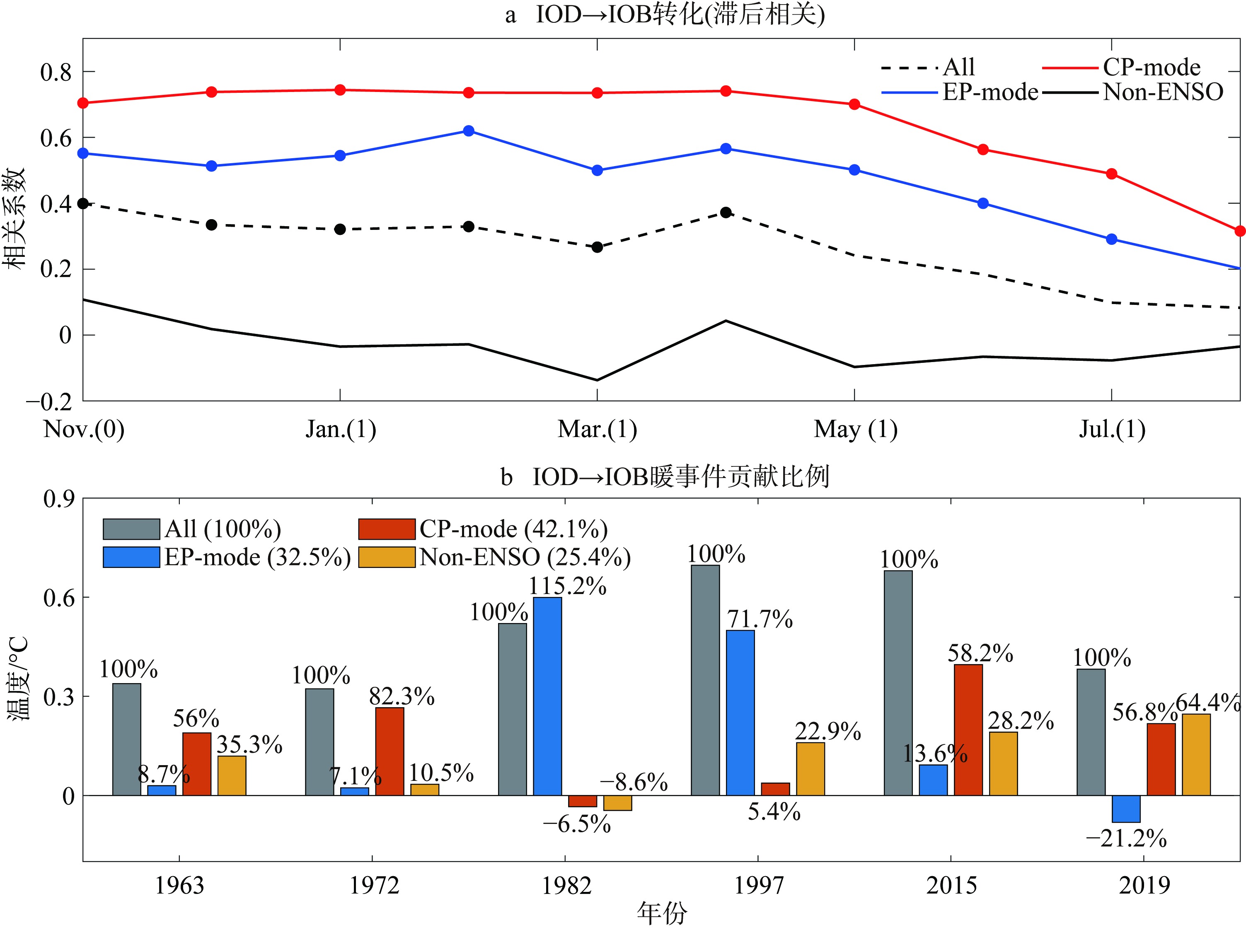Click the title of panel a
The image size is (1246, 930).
tap(664, 14)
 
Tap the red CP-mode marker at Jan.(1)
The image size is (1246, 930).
tap(340, 90)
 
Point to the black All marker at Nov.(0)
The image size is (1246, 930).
tap(83, 203)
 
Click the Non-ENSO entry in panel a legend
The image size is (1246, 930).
tap(1162, 92)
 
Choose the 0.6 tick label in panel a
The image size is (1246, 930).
tap(56, 138)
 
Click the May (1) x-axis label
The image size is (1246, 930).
tap(855, 429)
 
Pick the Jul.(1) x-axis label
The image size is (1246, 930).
tap(1112, 429)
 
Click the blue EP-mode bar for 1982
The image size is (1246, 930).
tap(547, 696)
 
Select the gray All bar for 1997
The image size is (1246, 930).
tap(706, 680)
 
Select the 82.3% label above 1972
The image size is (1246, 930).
tap(402, 696)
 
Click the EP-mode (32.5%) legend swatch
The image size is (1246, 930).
tap(131, 557)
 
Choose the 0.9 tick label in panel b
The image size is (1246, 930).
tap(59, 499)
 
